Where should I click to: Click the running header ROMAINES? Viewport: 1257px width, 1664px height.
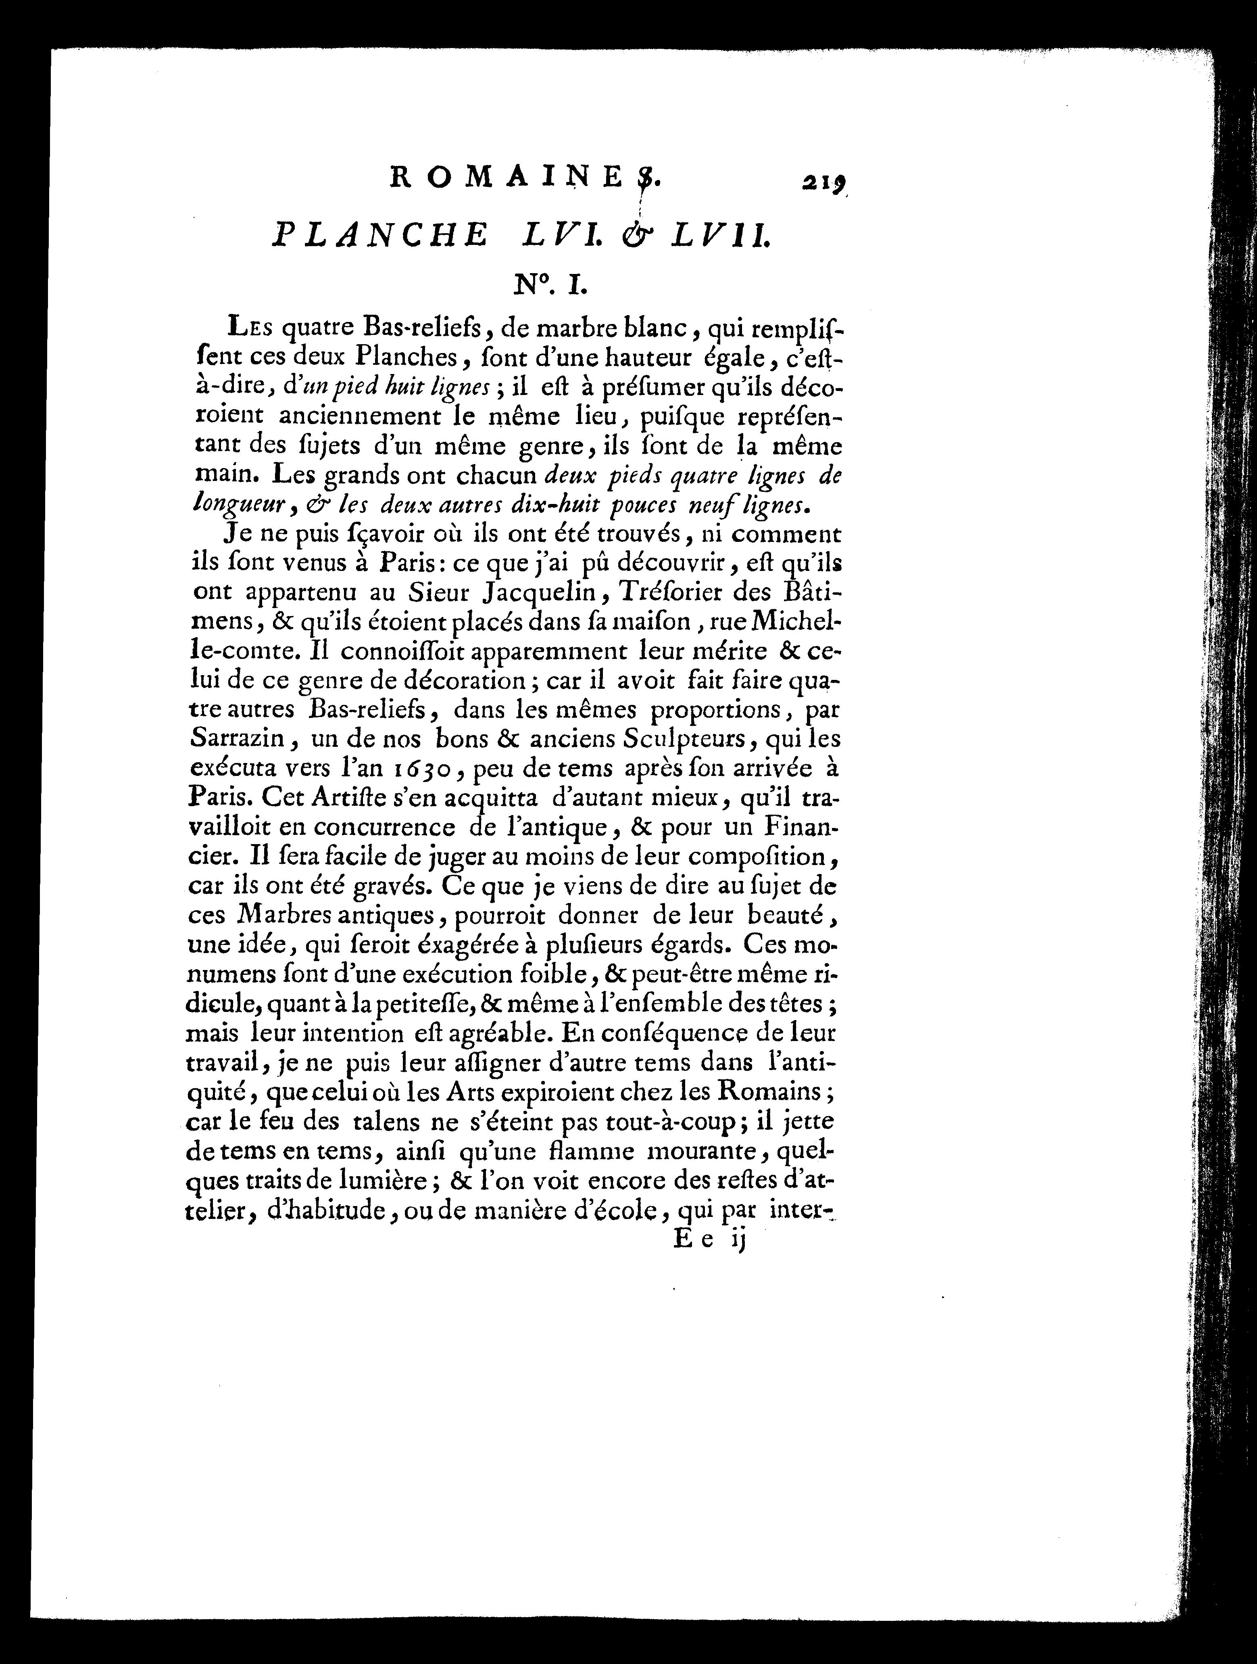[526, 178]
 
